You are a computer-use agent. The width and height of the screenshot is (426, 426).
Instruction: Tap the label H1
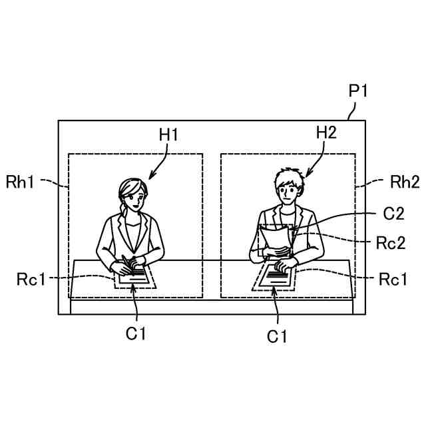(x=169, y=135)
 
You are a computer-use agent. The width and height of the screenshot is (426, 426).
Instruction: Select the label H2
(x=326, y=132)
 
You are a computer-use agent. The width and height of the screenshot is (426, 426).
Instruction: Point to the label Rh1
(x=20, y=181)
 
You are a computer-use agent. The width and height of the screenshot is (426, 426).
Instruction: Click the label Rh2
(x=405, y=181)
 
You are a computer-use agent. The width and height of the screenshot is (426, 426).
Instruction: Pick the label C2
(x=394, y=214)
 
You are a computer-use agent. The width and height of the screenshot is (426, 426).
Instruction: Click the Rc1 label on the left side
(x=31, y=279)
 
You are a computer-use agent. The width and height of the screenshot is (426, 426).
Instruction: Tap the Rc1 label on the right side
(x=393, y=279)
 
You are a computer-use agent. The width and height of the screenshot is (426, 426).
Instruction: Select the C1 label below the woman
(x=136, y=333)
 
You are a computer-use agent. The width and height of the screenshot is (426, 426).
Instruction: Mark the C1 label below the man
(x=277, y=337)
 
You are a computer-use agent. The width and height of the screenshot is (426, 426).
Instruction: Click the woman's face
(x=130, y=198)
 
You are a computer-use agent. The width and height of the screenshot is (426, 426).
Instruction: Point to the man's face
(x=286, y=192)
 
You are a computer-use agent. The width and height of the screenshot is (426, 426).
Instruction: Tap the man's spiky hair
(x=287, y=176)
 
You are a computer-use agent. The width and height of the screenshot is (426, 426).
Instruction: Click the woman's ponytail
(x=121, y=214)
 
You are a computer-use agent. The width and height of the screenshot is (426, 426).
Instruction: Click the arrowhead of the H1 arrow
(x=150, y=178)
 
